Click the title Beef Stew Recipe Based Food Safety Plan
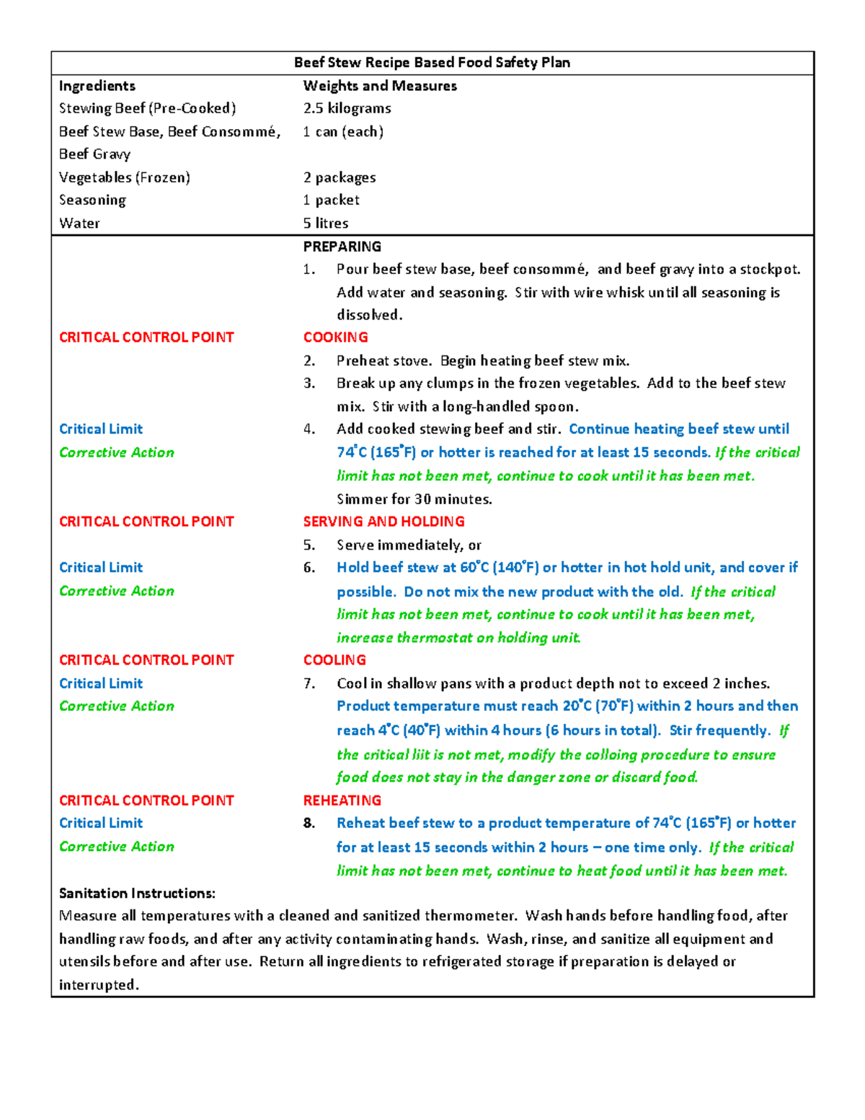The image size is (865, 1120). (x=432, y=63)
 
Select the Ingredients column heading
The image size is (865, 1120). (x=97, y=86)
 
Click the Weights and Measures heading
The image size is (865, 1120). (x=380, y=86)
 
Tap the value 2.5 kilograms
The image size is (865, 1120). (x=347, y=108)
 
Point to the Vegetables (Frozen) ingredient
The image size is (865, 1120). (x=125, y=177)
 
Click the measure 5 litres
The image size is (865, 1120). (x=326, y=223)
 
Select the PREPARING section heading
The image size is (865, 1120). (x=342, y=247)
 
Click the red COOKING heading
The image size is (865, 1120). (x=336, y=338)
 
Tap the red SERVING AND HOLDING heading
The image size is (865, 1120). (x=384, y=521)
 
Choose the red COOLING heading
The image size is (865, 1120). (x=334, y=660)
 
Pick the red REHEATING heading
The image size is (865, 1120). (x=342, y=801)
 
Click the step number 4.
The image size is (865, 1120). (x=309, y=429)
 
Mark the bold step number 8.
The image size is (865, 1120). (x=309, y=823)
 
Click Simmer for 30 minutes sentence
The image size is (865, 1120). (x=414, y=499)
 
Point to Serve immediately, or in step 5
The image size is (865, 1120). (x=409, y=545)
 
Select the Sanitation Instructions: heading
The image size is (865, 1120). (x=137, y=893)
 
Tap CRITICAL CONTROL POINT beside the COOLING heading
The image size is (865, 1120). (x=146, y=660)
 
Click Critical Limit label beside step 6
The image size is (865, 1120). (x=101, y=568)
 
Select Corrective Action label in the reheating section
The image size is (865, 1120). (x=117, y=847)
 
